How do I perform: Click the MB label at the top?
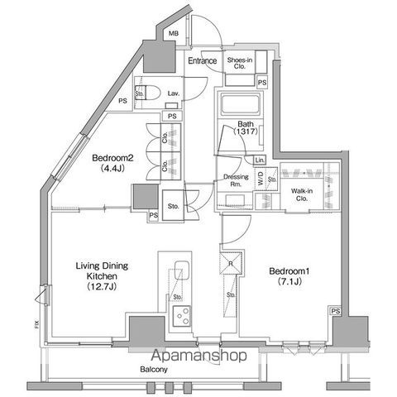click(x=173, y=34)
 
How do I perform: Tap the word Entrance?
click(x=203, y=61)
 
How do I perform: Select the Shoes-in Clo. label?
click(x=240, y=62)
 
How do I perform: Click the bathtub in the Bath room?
click(x=238, y=107)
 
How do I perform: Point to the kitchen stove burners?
click(x=180, y=314)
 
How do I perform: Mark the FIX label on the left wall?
click(x=36, y=325)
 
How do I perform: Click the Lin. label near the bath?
click(x=259, y=159)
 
